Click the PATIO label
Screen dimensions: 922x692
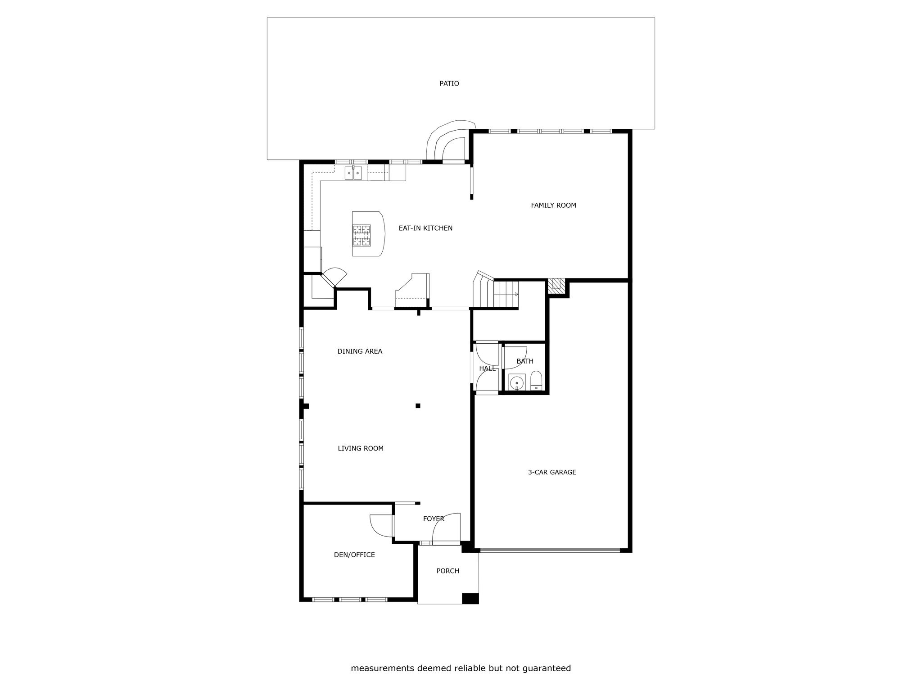pyautogui.click(x=449, y=83)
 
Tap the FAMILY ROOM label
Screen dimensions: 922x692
pyautogui.click(x=553, y=205)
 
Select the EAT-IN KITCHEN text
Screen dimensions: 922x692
pyautogui.click(x=425, y=228)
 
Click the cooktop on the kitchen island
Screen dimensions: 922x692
pyautogui.click(x=362, y=235)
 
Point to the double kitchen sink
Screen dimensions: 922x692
pyautogui.click(x=353, y=173)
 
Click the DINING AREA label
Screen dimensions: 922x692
pyautogui.click(x=360, y=351)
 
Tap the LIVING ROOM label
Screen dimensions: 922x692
pyautogui.click(x=361, y=448)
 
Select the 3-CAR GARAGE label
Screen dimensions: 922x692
pyautogui.click(x=552, y=472)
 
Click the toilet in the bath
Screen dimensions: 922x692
pyautogui.click(x=536, y=381)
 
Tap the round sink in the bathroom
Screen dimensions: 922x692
pyautogui.click(x=517, y=382)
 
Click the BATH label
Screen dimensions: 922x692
pyautogui.click(x=525, y=361)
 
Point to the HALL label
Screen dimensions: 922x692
pyautogui.click(x=487, y=369)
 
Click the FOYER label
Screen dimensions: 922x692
pyautogui.click(x=434, y=519)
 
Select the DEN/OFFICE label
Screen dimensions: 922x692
pyautogui.click(x=354, y=555)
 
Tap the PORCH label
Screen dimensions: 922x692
pyautogui.click(x=448, y=571)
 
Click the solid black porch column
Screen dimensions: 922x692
pyautogui.click(x=470, y=598)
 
